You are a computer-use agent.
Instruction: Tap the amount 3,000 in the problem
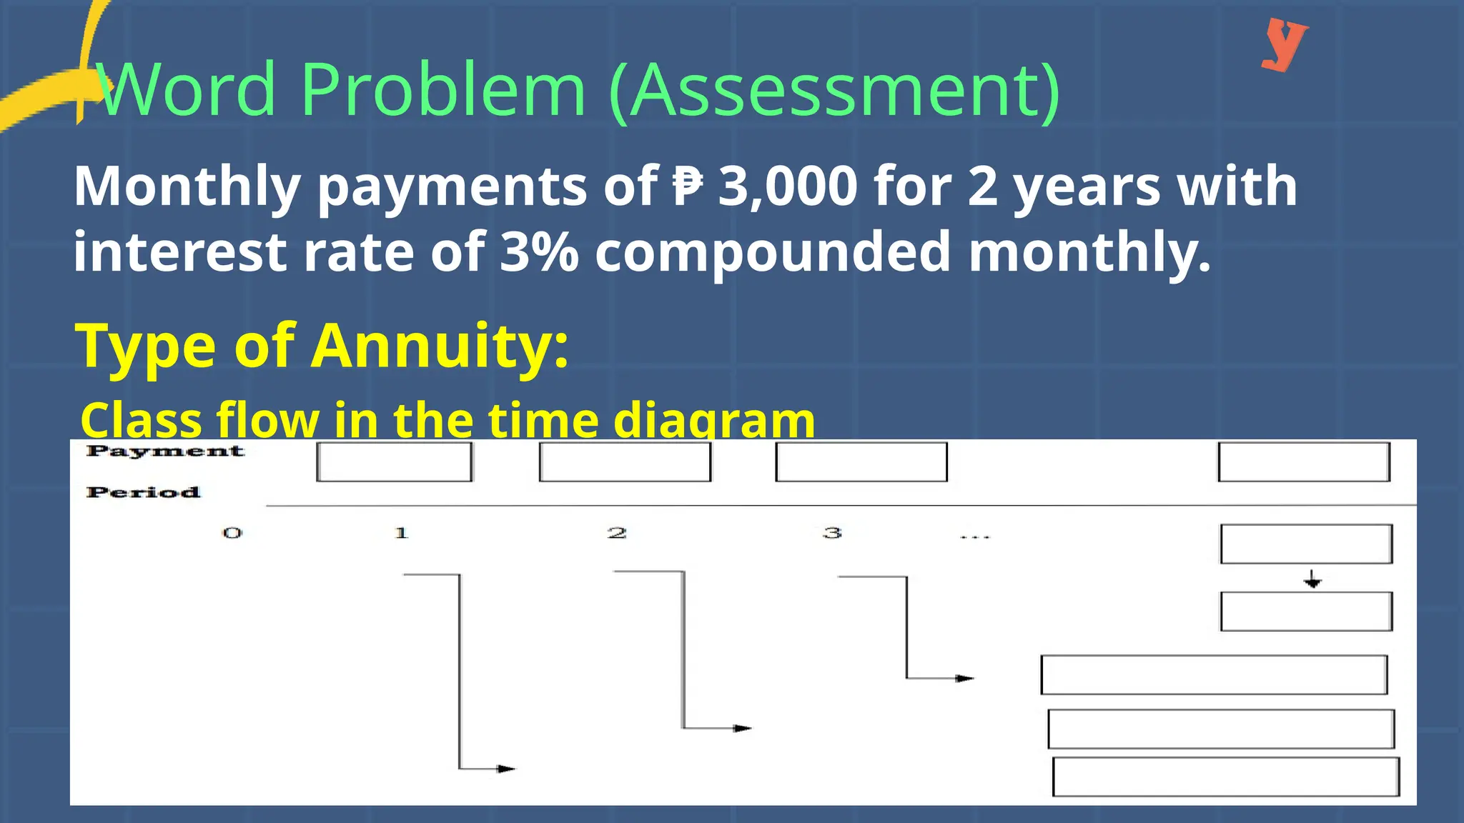787,186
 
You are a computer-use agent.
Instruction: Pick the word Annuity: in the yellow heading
440,346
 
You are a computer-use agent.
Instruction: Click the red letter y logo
1285,44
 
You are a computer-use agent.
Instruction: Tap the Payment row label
165,452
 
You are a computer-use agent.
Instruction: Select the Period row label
143,492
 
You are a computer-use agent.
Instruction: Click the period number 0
232,533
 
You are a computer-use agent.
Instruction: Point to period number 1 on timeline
401,533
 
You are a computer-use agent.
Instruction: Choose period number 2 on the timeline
617,533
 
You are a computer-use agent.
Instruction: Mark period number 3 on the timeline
832,533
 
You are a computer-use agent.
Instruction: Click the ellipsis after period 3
974,536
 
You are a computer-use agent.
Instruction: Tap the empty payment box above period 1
395,462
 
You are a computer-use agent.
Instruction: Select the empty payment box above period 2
625,462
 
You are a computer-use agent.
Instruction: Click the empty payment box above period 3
861,462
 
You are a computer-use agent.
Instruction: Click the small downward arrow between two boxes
1312,579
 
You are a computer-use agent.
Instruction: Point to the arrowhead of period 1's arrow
507,769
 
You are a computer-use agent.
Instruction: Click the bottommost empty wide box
1226,777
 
